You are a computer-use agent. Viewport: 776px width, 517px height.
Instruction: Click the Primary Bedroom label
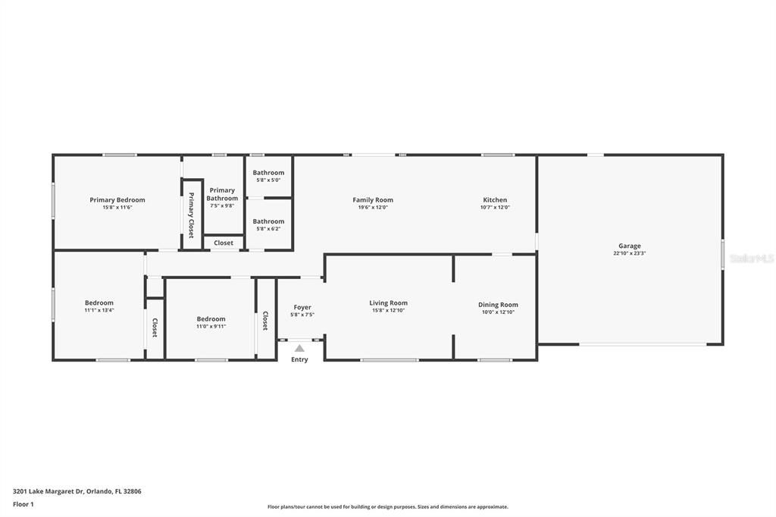(117, 200)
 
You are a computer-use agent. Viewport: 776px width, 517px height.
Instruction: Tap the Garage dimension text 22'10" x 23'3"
(629, 254)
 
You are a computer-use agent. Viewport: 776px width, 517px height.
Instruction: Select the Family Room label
(373, 200)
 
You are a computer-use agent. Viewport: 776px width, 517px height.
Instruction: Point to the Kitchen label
(495, 200)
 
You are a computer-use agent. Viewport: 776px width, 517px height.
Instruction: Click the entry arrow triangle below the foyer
(299, 349)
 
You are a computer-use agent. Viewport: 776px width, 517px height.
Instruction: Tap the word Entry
(299, 359)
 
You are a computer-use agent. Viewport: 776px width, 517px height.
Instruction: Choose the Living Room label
(389, 303)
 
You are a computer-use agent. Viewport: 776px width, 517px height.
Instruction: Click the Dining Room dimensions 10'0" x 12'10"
(498, 312)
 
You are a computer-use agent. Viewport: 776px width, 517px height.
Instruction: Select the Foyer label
(302, 307)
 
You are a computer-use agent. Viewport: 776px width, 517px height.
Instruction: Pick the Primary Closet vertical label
(191, 215)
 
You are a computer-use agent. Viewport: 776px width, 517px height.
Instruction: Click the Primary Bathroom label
(222, 194)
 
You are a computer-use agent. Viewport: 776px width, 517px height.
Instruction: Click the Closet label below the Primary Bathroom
(224, 243)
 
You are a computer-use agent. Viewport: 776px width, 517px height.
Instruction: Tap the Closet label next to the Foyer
(265, 321)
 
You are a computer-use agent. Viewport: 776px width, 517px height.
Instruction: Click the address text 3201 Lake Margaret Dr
(77, 491)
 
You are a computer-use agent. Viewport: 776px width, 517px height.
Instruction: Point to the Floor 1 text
(23, 504)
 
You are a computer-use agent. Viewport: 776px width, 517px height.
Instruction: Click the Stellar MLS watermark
(751, 258)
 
